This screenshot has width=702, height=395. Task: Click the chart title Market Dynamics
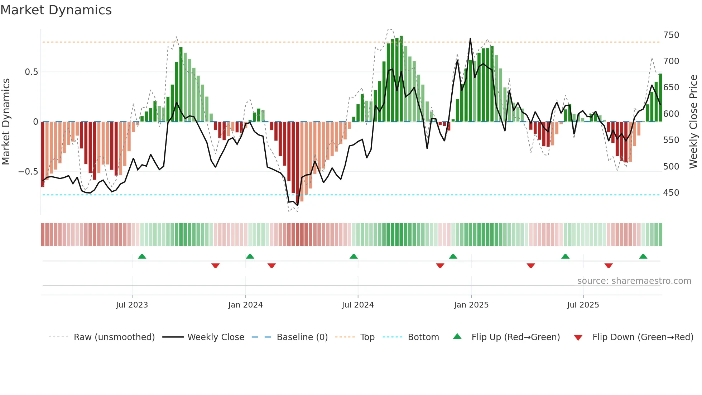pos(56,10)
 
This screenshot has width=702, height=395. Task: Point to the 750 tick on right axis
pos(671,35)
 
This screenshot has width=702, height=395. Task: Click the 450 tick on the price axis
pos(671,193)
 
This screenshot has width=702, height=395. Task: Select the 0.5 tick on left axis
pos(31,72)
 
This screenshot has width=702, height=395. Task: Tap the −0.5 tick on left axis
pos(28,172)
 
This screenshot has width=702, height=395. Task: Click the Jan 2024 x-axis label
pos(245,305)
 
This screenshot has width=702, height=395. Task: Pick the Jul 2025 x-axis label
pos(583,305)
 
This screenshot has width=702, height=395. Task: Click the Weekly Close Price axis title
pos(693,122)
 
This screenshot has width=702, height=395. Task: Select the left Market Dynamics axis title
pos(6,122)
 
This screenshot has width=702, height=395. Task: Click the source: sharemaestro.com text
pos(634,281)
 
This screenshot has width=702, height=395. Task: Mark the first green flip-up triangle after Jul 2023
pos(142,257)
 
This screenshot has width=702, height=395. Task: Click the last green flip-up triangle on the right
pos(643,257)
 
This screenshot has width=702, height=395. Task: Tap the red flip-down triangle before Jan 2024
pos(215,266)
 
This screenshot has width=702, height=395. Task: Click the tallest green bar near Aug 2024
pos(401,79)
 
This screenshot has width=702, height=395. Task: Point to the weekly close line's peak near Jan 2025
pos(470,39)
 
